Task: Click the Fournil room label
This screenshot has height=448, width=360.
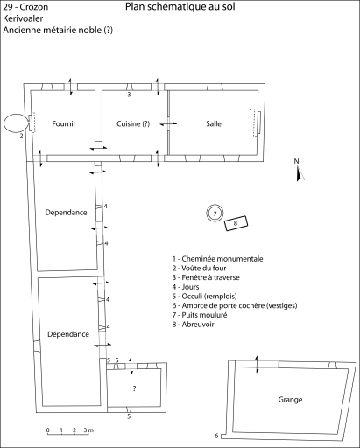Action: pos(63,123)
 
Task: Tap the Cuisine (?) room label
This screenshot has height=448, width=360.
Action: pos(133,123)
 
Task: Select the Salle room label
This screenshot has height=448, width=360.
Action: pos(214,123)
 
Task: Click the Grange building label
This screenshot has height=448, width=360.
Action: pos(290,400)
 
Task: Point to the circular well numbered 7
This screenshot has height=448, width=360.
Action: pos(215,207)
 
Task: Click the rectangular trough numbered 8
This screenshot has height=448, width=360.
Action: pos(236,223)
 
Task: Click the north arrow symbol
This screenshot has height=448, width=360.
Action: pos(300,173)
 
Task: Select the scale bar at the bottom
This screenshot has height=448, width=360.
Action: pos(68,435)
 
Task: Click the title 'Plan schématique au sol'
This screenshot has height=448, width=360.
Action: pos(180,6)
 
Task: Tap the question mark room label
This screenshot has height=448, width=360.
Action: pos(134,388)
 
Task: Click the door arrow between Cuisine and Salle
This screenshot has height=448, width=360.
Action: pos(168,124)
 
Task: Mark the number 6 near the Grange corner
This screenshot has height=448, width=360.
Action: pos(216,436)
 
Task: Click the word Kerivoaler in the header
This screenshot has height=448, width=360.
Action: pos(23,18)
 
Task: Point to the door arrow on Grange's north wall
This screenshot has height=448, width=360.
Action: pos(257,364)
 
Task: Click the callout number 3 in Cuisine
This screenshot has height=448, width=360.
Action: pos(129,94)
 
